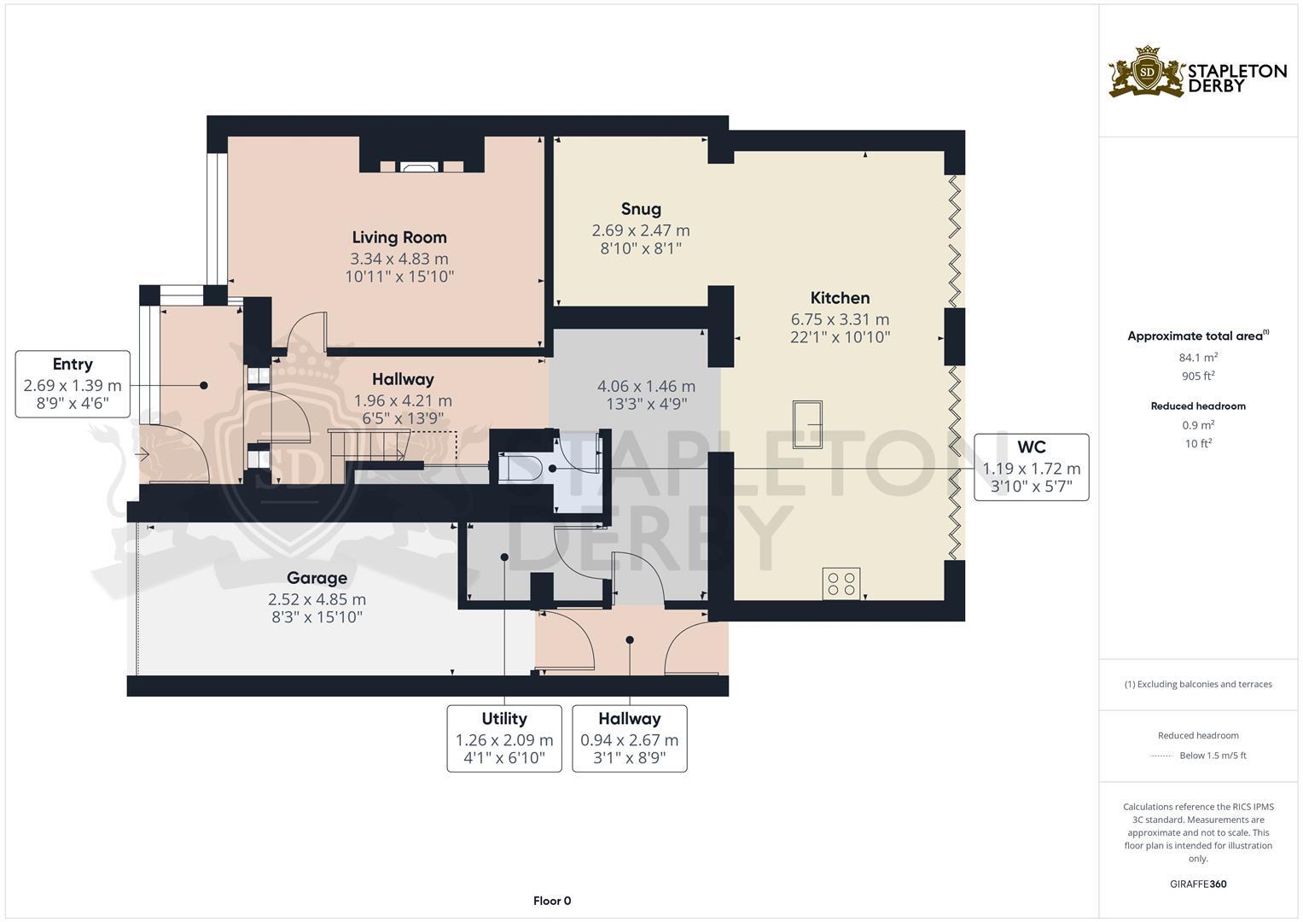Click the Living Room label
tap(399, 237)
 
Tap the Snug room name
tap(641, 209)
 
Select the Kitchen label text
tap(840, 298)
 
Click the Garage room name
tap(317, 578)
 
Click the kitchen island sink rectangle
tap(807, 424)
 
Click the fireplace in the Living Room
tap(418, 167)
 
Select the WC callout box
tap(1032, 467)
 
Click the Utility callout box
tap(503, 738)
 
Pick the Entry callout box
tap(73, 384)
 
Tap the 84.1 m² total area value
tap(1198, 358)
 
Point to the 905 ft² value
tap(1198, 376)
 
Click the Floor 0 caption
tap(552, 901)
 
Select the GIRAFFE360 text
tap(1198, 884)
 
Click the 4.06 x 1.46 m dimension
tap(646, 387)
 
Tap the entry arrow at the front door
tap(143, 453)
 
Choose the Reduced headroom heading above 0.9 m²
tap(1198, 406)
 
